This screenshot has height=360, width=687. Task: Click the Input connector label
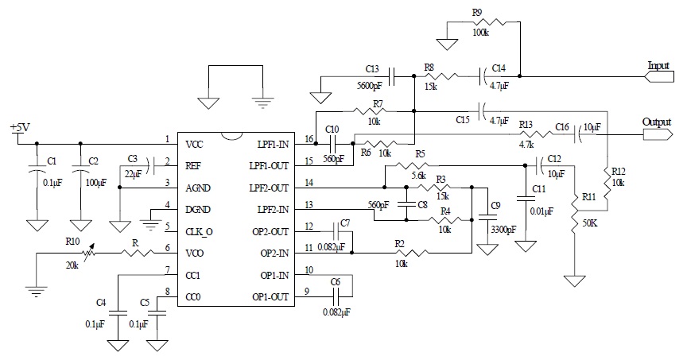click(x=658, y=66)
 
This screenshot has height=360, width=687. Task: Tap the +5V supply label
click(x=19, y=128)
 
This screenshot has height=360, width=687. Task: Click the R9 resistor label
click(x=477, y=13)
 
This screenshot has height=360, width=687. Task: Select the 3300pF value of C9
click(x=503, y=231)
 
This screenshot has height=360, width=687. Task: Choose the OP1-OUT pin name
click(x=271, y=296)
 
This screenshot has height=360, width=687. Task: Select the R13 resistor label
click(x=525, y=125)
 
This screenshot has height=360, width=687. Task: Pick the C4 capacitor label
click(x=101, y=302)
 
